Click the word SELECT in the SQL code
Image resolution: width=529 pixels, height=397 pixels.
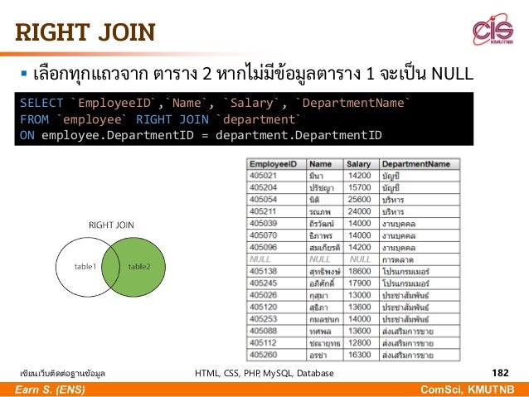click(x=41, y=103)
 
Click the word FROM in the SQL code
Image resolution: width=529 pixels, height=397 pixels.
click(x=35, y=119)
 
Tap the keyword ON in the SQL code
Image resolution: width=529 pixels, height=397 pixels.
click(x=27, y=134)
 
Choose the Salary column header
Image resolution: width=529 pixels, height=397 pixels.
click(x=358, y=164)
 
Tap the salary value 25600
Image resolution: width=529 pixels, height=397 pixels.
click(x=359, y=199)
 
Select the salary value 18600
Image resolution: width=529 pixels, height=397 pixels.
click(x=359, y=270)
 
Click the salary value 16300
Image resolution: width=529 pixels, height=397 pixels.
click(x=359, y=354)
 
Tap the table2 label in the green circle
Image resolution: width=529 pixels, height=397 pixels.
click(x=140, y=267)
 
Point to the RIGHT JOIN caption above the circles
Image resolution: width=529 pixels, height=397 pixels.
click(x=112, y=225)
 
